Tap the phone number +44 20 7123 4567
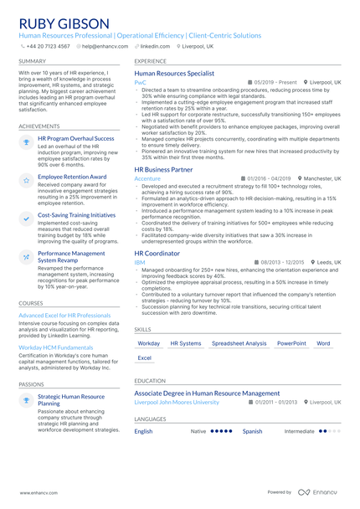pyautogui.click(x=48, y=47)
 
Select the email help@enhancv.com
pyautogui.click(x=100, y=47)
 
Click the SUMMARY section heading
pyautogui.click(x=32, y=61)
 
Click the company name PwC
pyautogui.click(x=140, y=83)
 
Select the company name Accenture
pyautogui.click(x=147, y=178)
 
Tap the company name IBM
pyautogui.click(x=139, y=262)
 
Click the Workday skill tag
pyautogui.click(x=148, y=343)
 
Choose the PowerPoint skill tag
pyautogui.click(x=291, y=343)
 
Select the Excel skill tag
pyautogui.click(x=144, y=357)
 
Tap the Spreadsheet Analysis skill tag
pyautogui.click(x=239, y=343)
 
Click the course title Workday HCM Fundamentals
pyautogui.click(x=56, y=347)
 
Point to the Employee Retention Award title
pyautogui.click(x=72, y=177)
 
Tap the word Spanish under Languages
pyautogui.click(x=252, y=431)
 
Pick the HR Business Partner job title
pyautogui.click(x=163, y=169)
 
